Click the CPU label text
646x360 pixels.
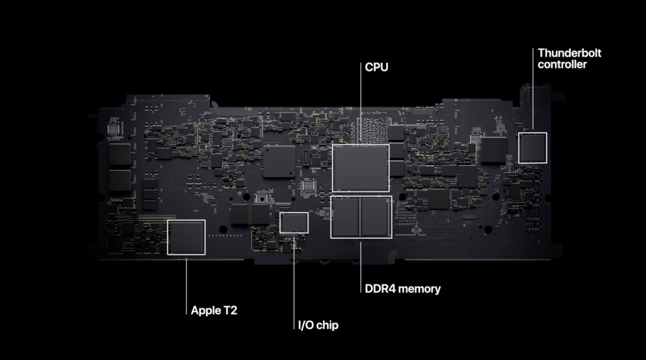(376, 67)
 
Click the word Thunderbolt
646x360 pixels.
(570, 52)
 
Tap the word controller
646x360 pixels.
(563, 64)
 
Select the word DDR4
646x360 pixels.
(380, 289)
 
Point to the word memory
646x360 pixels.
(419, 289)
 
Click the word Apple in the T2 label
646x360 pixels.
(206, 310)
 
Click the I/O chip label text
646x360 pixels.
(318, 325)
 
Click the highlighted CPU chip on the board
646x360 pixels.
(360, 167)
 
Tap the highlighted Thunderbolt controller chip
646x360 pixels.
(532, 148)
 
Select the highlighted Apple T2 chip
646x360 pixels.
(186, 237)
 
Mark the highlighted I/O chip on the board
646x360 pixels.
(294, 223)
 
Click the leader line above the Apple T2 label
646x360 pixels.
(186, 284)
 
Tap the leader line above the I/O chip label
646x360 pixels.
(294, 277)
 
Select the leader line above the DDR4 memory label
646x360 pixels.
(360, 262)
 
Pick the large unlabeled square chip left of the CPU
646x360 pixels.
(279, 161)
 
